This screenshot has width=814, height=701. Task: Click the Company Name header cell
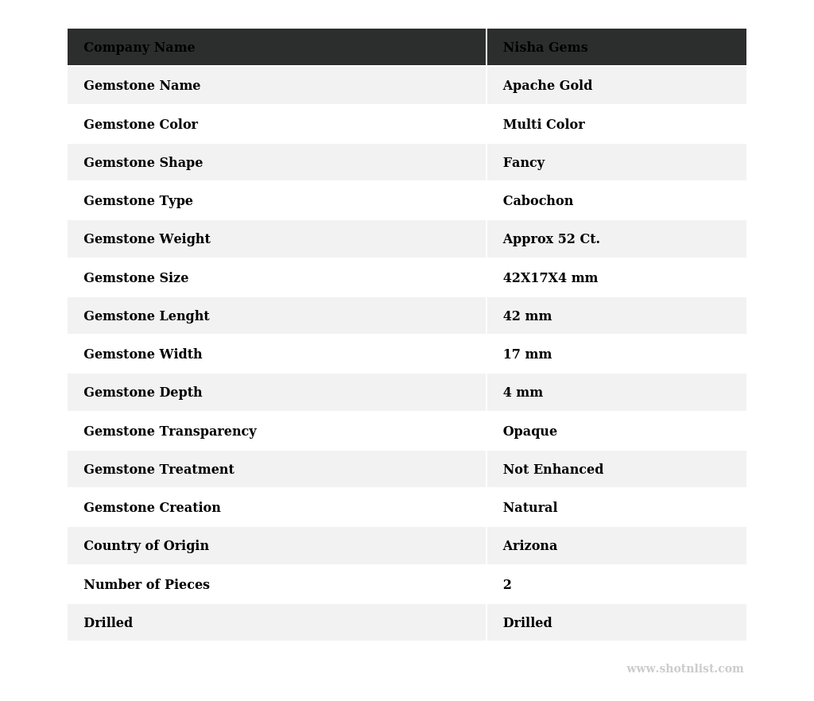[139, 48]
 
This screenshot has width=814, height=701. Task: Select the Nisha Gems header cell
[545, 48]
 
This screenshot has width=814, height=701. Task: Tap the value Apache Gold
[547, 86]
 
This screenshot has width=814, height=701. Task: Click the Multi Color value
[544, 125]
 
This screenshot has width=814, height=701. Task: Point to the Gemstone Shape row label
[143, 163]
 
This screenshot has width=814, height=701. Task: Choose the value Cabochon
[537, 201]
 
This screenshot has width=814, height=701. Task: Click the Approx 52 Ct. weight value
[551, 239]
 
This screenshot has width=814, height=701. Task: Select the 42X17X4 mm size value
[550, 278]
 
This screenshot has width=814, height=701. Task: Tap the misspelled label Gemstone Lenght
[146, 316]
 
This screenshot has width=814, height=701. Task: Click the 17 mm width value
[527, 354]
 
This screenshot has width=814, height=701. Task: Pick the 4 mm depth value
[522, 393]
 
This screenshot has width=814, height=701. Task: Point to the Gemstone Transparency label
[170, 432]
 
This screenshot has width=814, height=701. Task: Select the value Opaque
[529, 432]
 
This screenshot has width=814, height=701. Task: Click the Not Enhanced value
[552, 470]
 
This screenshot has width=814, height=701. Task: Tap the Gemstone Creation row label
[152, 508]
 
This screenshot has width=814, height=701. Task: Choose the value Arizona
[529, 546]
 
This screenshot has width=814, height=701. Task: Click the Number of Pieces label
[146, 585]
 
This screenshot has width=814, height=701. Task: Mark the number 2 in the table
[507, 585]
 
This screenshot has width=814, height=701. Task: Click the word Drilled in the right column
[527, 623]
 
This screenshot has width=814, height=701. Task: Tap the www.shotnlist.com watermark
[684, 669]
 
